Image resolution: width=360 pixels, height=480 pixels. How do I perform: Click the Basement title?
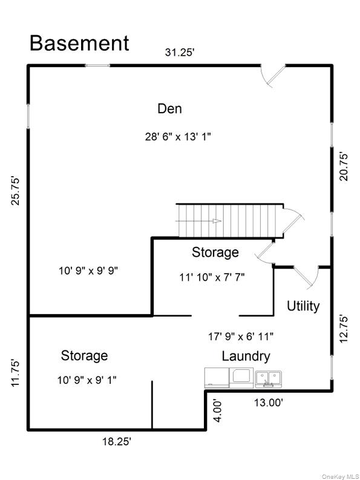[x=79, y=43]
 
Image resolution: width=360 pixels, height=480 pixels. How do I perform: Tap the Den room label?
[x=169, y=109]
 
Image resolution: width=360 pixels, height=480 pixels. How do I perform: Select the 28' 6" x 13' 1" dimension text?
[x=178, y=137]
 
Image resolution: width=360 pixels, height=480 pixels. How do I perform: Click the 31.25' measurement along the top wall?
[x=180, y=52]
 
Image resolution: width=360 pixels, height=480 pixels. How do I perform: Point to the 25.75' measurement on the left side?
[x=16, y=191]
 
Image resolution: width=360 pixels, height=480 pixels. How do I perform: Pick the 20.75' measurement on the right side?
[x=344, y=167]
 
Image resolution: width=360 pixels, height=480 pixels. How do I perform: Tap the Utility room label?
[x=303, y=306]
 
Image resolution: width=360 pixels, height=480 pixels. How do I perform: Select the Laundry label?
[x=246, y=356]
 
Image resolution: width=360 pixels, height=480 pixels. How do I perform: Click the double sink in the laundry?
[x=269, y=380]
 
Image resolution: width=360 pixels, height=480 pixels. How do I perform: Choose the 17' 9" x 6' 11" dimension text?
[x=241, y=337]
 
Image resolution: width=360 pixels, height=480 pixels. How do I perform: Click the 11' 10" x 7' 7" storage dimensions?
[x=212, y=277]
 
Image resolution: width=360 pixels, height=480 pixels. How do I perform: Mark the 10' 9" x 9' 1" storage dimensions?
[x=87, y=380]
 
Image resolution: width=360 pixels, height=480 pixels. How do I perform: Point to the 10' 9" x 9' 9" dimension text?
[x=88, y=271]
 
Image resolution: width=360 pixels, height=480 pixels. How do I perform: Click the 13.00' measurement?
[x=269, y=403]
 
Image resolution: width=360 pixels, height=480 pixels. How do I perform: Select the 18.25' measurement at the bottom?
[x=117, y=442]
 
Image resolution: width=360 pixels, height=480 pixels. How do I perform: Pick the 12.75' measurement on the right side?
[x=344, y=329]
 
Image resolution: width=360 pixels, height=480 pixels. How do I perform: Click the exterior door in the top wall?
[x=273, y=75]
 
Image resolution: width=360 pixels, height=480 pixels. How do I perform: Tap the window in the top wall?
[x=97, y=65]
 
